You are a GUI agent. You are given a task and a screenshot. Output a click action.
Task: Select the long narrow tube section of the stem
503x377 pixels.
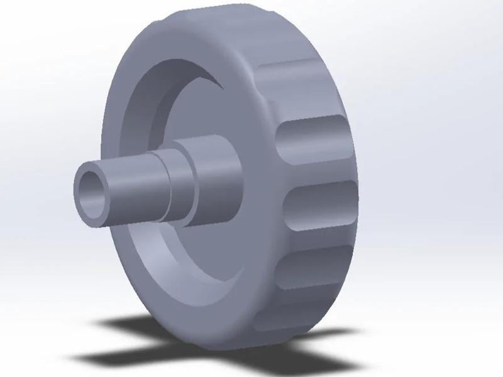[x=132, y=188]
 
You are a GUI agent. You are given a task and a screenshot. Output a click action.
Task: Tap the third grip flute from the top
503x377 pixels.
[x=318, y=204]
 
